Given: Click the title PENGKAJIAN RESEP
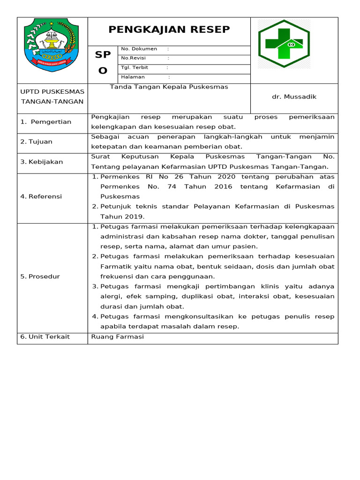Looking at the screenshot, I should click(169, 30).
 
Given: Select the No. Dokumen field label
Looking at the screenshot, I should click(139, 49).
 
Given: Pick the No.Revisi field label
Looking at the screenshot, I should click(133, 58).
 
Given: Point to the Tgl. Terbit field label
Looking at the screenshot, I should click(135, 67).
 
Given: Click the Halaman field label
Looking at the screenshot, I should click(133, 77).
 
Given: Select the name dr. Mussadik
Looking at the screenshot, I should click(294, 97).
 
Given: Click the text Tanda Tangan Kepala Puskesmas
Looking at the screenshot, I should click(169, 87).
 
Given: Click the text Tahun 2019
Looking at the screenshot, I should click(122, 217).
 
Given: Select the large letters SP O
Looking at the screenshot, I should click(103, 62).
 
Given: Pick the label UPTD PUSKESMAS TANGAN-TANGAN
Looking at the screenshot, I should click(52, 97).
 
